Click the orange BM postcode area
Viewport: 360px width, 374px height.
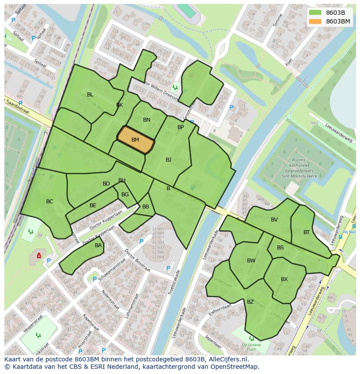tap(136, 140)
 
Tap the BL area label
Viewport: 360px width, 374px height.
tap(90, 95)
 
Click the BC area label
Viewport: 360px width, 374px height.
tap(50, 202)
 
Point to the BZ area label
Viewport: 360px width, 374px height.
tap(250, 302)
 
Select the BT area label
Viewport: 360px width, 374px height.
tap(307, 232)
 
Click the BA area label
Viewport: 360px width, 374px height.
tap(98, 245)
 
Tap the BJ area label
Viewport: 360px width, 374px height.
tap(168, 160)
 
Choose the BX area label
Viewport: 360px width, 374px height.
tap(284, 279)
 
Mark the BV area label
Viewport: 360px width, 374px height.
tap(274, 220)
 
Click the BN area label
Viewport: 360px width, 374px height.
tap(147, 120)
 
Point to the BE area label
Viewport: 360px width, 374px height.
tap(93, 205)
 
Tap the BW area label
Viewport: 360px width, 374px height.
tap(251, 261)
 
